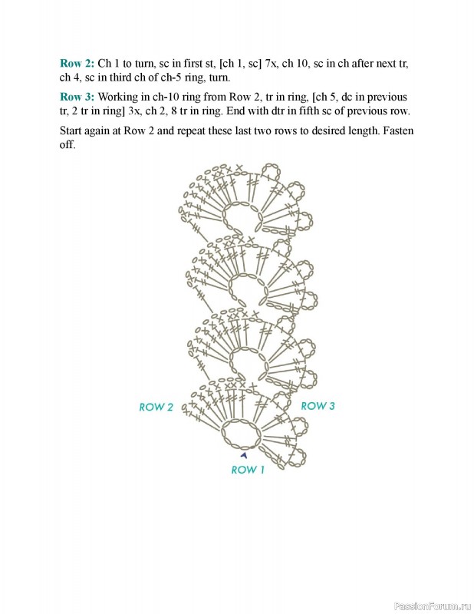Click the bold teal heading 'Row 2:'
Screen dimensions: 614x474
77,63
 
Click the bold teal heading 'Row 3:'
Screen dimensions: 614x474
77,97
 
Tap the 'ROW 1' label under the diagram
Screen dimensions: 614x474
248,470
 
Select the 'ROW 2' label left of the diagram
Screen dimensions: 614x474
156,407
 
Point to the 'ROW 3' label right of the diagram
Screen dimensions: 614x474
318,405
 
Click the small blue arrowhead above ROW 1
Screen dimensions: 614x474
244,455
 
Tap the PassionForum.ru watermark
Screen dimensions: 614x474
431,606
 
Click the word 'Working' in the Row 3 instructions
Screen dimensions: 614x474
120,97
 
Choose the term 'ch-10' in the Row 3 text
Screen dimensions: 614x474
166,97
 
